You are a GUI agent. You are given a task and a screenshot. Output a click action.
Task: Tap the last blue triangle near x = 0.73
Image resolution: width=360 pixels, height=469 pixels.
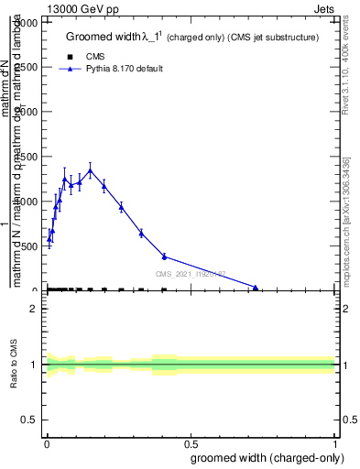(256, 288)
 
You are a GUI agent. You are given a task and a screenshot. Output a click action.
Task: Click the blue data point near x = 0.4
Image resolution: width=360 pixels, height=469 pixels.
(164, 256)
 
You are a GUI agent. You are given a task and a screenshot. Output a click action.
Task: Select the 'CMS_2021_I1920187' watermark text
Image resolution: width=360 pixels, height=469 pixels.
(190, 273)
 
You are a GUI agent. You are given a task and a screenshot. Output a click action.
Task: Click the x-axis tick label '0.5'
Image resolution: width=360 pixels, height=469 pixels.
(190, 445)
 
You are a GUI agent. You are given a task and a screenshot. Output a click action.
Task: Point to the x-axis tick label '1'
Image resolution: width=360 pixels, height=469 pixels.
(334, 445)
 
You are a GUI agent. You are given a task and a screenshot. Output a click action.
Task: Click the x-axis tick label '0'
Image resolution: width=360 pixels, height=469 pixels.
(46, 445)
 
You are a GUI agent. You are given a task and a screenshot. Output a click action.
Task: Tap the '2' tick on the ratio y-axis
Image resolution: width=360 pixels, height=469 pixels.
(34, 309)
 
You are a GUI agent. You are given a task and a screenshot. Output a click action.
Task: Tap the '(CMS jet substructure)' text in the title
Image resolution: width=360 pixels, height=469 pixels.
(274, 38)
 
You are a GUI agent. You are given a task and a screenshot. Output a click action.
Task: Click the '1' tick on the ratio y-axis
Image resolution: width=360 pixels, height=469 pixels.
(34, 365)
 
